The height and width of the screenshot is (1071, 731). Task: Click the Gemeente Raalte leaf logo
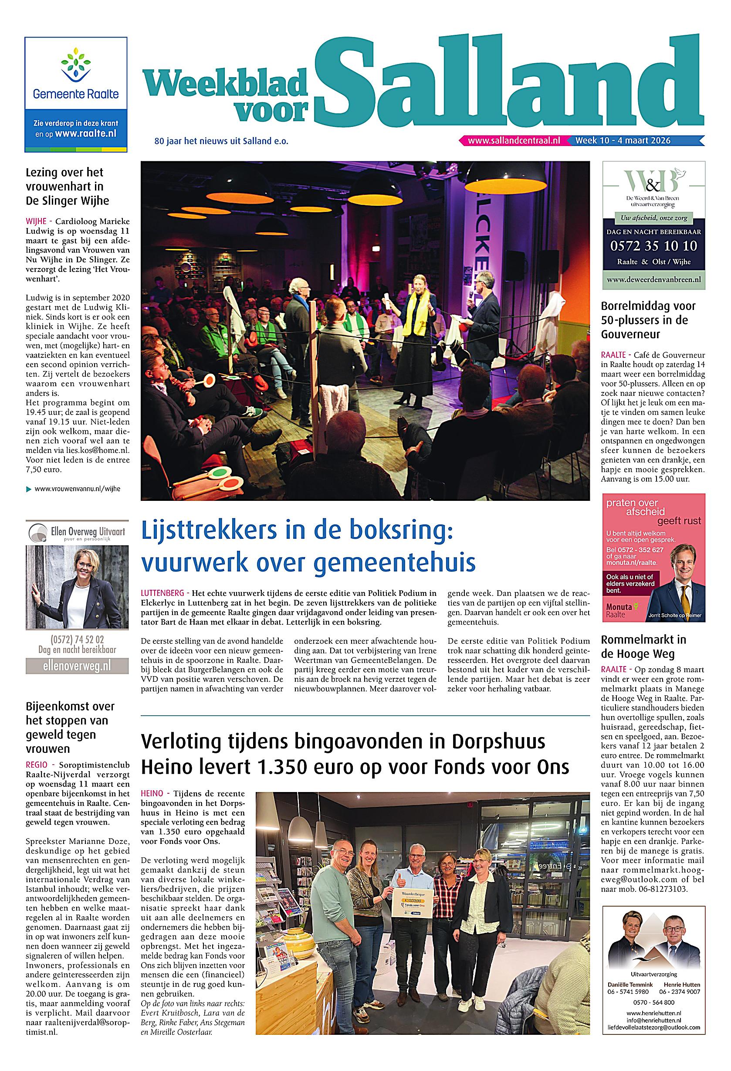point(75,67)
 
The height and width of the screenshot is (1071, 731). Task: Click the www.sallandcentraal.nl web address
point(514,140)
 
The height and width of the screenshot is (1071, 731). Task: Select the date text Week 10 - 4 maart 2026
point(623,140)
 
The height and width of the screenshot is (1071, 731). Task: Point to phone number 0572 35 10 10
point(653,246)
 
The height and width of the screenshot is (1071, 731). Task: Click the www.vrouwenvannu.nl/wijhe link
point(78,489)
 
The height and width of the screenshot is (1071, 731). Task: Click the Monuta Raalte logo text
point(619,611)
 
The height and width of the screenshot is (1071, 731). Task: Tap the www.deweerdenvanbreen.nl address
point(653,279)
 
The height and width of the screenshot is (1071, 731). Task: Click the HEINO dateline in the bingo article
point(152,794)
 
